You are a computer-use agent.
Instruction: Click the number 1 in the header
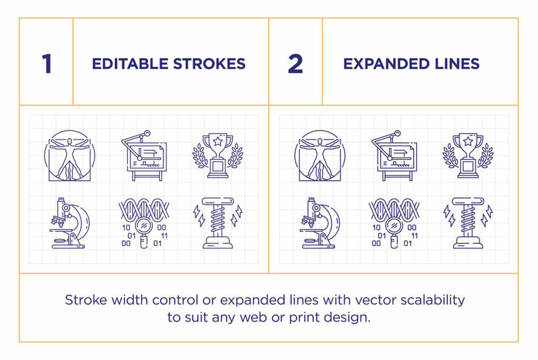[47, 64]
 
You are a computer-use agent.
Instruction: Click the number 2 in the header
[296, 64]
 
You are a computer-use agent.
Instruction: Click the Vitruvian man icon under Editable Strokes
[67, 156]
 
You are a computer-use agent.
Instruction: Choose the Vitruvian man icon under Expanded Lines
[318, 156]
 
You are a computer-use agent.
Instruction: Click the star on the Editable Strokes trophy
[218, 141]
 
